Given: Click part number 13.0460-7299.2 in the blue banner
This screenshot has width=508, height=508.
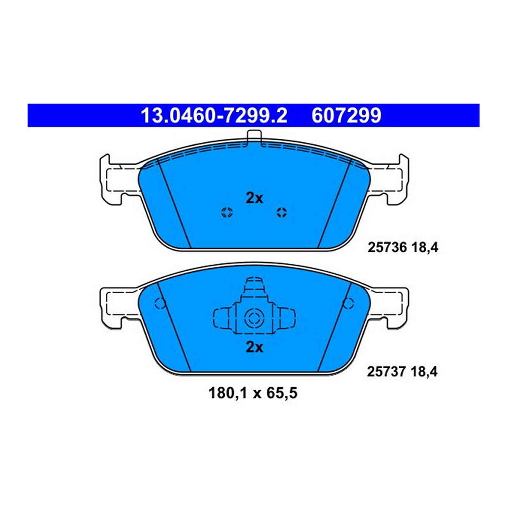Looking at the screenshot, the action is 214,116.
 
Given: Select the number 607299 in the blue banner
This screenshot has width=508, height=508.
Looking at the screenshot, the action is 346,116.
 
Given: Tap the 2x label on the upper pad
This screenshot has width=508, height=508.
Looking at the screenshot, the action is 254,199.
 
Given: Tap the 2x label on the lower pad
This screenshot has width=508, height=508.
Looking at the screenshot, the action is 254,348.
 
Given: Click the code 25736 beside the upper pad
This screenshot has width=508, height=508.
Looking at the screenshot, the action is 385,248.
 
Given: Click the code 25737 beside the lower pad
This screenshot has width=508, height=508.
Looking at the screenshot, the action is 384,372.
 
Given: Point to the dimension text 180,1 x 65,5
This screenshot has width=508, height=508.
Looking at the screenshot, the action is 253,401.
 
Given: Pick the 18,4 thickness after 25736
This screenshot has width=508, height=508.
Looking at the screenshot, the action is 420,248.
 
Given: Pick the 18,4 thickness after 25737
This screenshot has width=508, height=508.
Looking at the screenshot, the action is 420,373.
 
